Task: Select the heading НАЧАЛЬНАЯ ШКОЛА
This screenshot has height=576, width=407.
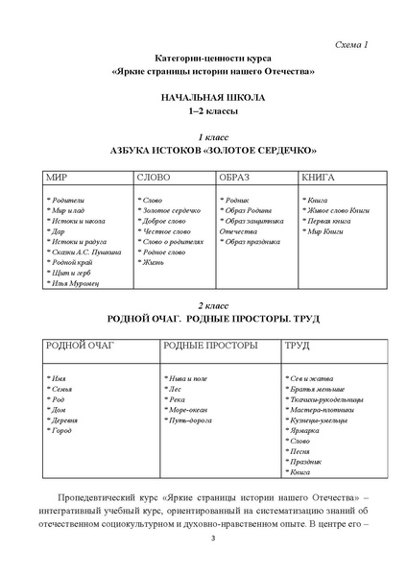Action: (203, 99)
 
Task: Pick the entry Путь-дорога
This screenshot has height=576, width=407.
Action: (191, 421)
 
